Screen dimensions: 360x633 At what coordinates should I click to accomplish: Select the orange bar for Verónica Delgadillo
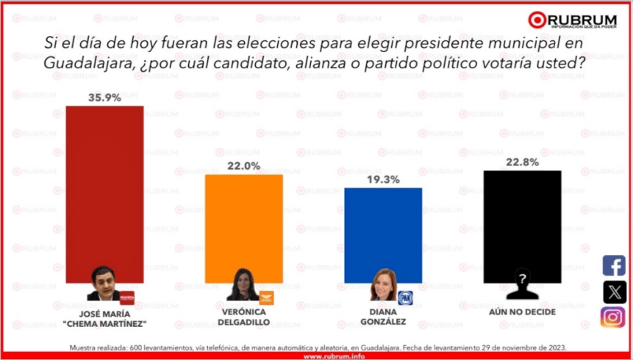(243, 228)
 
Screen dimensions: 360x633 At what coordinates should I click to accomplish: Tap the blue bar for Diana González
(383, 235)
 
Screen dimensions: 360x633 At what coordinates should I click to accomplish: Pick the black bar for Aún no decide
(523, 220)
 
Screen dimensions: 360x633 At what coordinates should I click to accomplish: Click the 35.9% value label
(105, 96)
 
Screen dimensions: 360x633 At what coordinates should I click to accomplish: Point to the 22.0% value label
(243, 166)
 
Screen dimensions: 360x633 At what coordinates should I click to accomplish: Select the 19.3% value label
(383, 179)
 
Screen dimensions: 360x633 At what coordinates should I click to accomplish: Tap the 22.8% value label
(523, 162)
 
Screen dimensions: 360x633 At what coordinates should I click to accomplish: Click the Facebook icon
(613, 265)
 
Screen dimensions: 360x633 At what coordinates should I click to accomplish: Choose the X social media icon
(613, 292)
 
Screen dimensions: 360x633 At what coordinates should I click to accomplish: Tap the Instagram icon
(613, 317)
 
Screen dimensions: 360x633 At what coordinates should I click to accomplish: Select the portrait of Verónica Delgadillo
(242, 285)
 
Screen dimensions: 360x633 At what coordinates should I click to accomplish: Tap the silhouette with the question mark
(523, 287)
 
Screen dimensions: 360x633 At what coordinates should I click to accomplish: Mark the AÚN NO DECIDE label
(523, 311)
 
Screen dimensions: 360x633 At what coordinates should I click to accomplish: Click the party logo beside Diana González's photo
(404, 297)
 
